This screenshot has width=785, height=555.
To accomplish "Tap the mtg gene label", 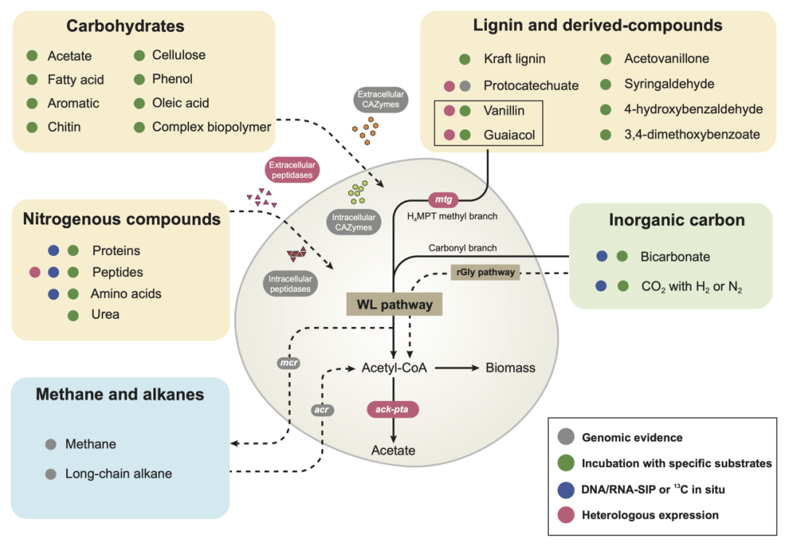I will pos(443,198).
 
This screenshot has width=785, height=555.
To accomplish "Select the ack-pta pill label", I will pos(392,410).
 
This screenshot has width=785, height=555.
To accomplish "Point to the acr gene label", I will pos(321,410).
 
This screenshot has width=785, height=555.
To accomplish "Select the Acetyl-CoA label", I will pos(393,368).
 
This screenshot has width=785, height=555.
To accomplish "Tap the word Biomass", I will pos(510,368).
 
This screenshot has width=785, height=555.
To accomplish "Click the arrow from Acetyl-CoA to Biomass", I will pos(454,368).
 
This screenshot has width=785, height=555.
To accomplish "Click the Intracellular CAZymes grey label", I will pos(354,222).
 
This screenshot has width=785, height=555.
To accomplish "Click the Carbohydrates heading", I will pos(125,27).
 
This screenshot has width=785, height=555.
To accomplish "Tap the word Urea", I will pos(105,315).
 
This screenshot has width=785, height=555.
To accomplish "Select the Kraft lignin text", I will pos(515,59).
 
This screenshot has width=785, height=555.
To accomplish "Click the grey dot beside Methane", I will pos(50,444).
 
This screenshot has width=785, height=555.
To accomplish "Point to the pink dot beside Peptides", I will pos(33,272).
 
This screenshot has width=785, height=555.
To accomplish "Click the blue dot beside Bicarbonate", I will pos(602,256).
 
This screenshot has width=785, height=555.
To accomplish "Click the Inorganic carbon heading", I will pos(677,220).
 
